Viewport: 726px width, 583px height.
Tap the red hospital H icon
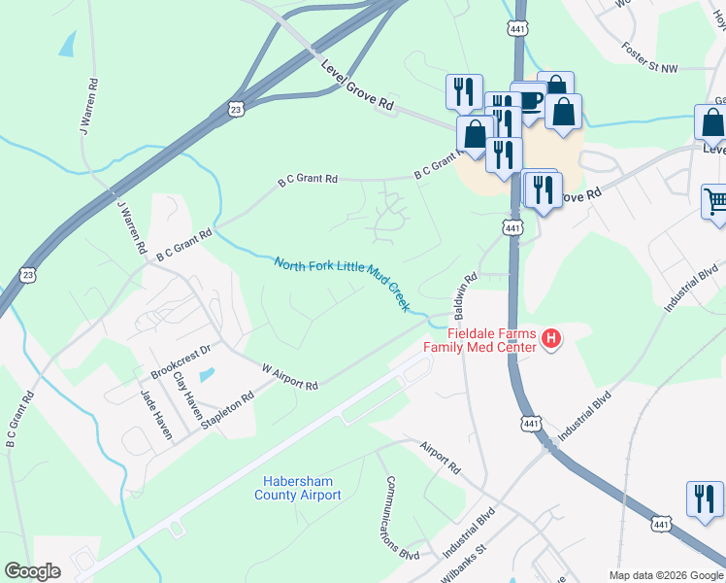point(550,339)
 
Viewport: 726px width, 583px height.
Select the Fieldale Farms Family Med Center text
point(478,339)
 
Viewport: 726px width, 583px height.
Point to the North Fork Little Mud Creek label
point(342,283)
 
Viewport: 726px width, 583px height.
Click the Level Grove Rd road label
point(358,86)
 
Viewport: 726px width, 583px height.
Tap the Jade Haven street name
point(155,414)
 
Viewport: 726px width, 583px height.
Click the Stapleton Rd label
point(227,409)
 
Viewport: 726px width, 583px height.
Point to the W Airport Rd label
point(289,377)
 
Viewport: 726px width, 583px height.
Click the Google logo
point(32,571)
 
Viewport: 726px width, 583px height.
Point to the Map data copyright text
point(665,575)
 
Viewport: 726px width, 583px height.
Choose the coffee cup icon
point(530,100)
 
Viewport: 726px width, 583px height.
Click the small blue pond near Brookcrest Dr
point(205,375)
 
